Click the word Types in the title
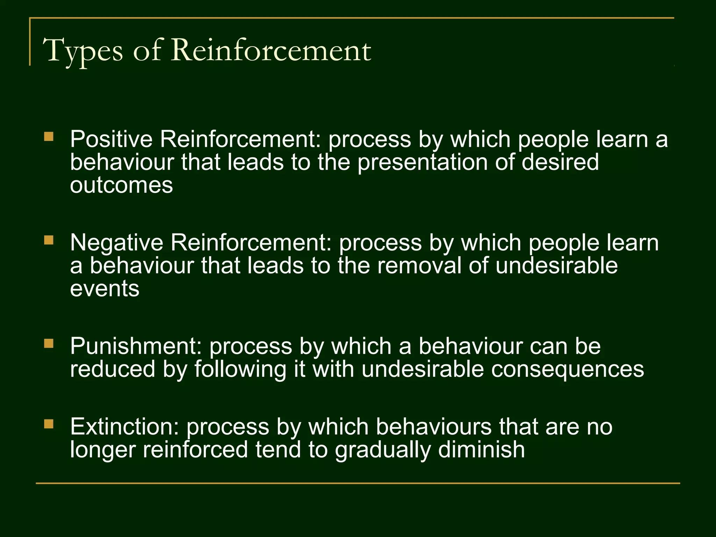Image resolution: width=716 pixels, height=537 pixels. [x=83, y=51]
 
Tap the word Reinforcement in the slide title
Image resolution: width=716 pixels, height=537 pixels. [x=271, y=50]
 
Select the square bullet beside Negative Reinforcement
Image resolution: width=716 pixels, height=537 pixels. [x=49, y=240]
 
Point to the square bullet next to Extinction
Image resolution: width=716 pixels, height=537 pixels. [x=49, y=424]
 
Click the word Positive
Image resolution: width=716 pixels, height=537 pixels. [x=112, y=139]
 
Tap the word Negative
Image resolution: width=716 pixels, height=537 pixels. [x=117, y=243]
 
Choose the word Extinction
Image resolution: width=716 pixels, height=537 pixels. [x=124, y=427]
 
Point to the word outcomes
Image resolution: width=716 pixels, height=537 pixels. [x=121, y=185]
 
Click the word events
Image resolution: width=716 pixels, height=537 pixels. [x=105, y=289]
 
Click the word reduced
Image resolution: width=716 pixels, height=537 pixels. [x=113, y=370]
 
